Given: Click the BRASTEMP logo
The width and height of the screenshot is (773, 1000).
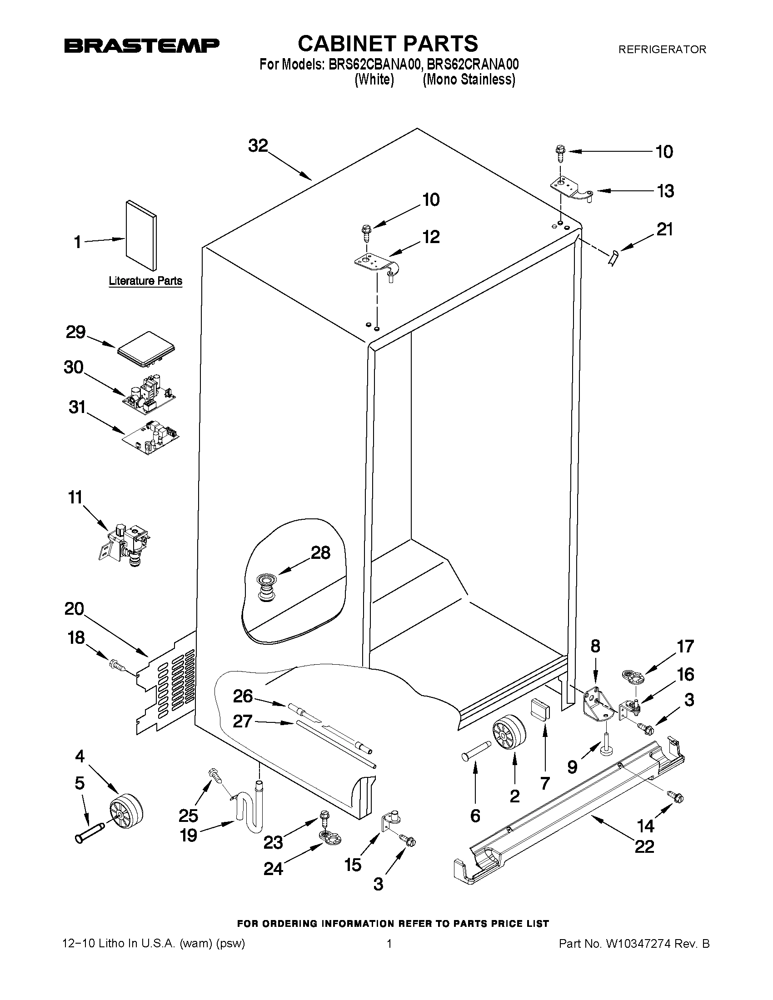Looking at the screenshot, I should (x=141, y=45).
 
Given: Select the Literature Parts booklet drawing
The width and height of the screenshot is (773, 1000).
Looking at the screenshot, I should (x=141, y=235).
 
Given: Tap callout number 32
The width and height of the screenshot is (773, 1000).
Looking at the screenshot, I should (x=258, y=145).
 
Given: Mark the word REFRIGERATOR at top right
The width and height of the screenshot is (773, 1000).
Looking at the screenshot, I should (x=662, y=50).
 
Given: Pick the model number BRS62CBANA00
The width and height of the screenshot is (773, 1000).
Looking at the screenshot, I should (x=374, y=65).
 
